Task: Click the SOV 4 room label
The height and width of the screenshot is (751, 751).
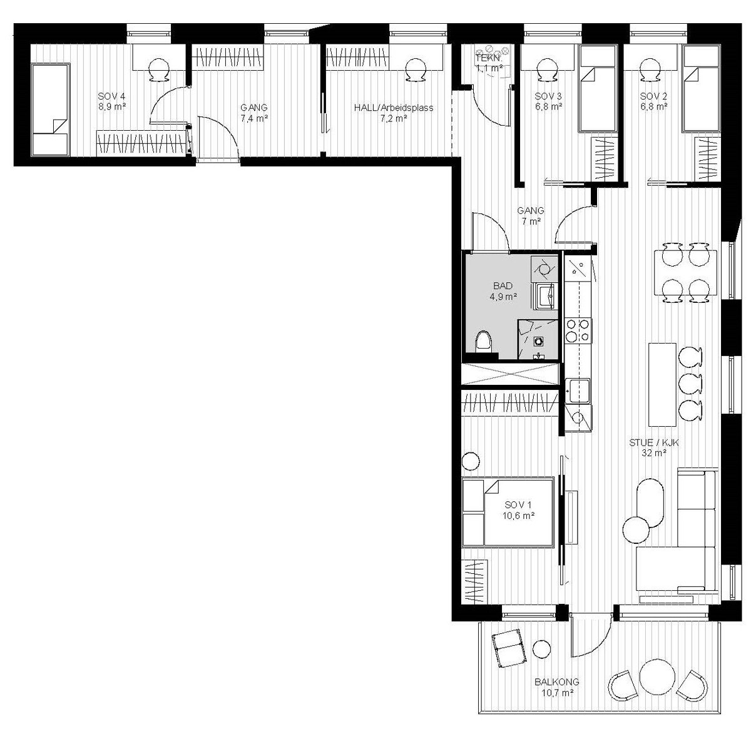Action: point(112,96)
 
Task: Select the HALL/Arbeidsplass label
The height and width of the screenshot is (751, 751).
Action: point(393,108)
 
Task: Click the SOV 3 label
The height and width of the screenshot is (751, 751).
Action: point(548,96)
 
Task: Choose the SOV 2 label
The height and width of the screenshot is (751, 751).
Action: point(653,96)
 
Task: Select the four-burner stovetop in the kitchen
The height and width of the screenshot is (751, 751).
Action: point(577,330)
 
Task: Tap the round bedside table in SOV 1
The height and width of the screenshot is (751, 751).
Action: point(471,462)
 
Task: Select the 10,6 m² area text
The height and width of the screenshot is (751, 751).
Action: point(518,516)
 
